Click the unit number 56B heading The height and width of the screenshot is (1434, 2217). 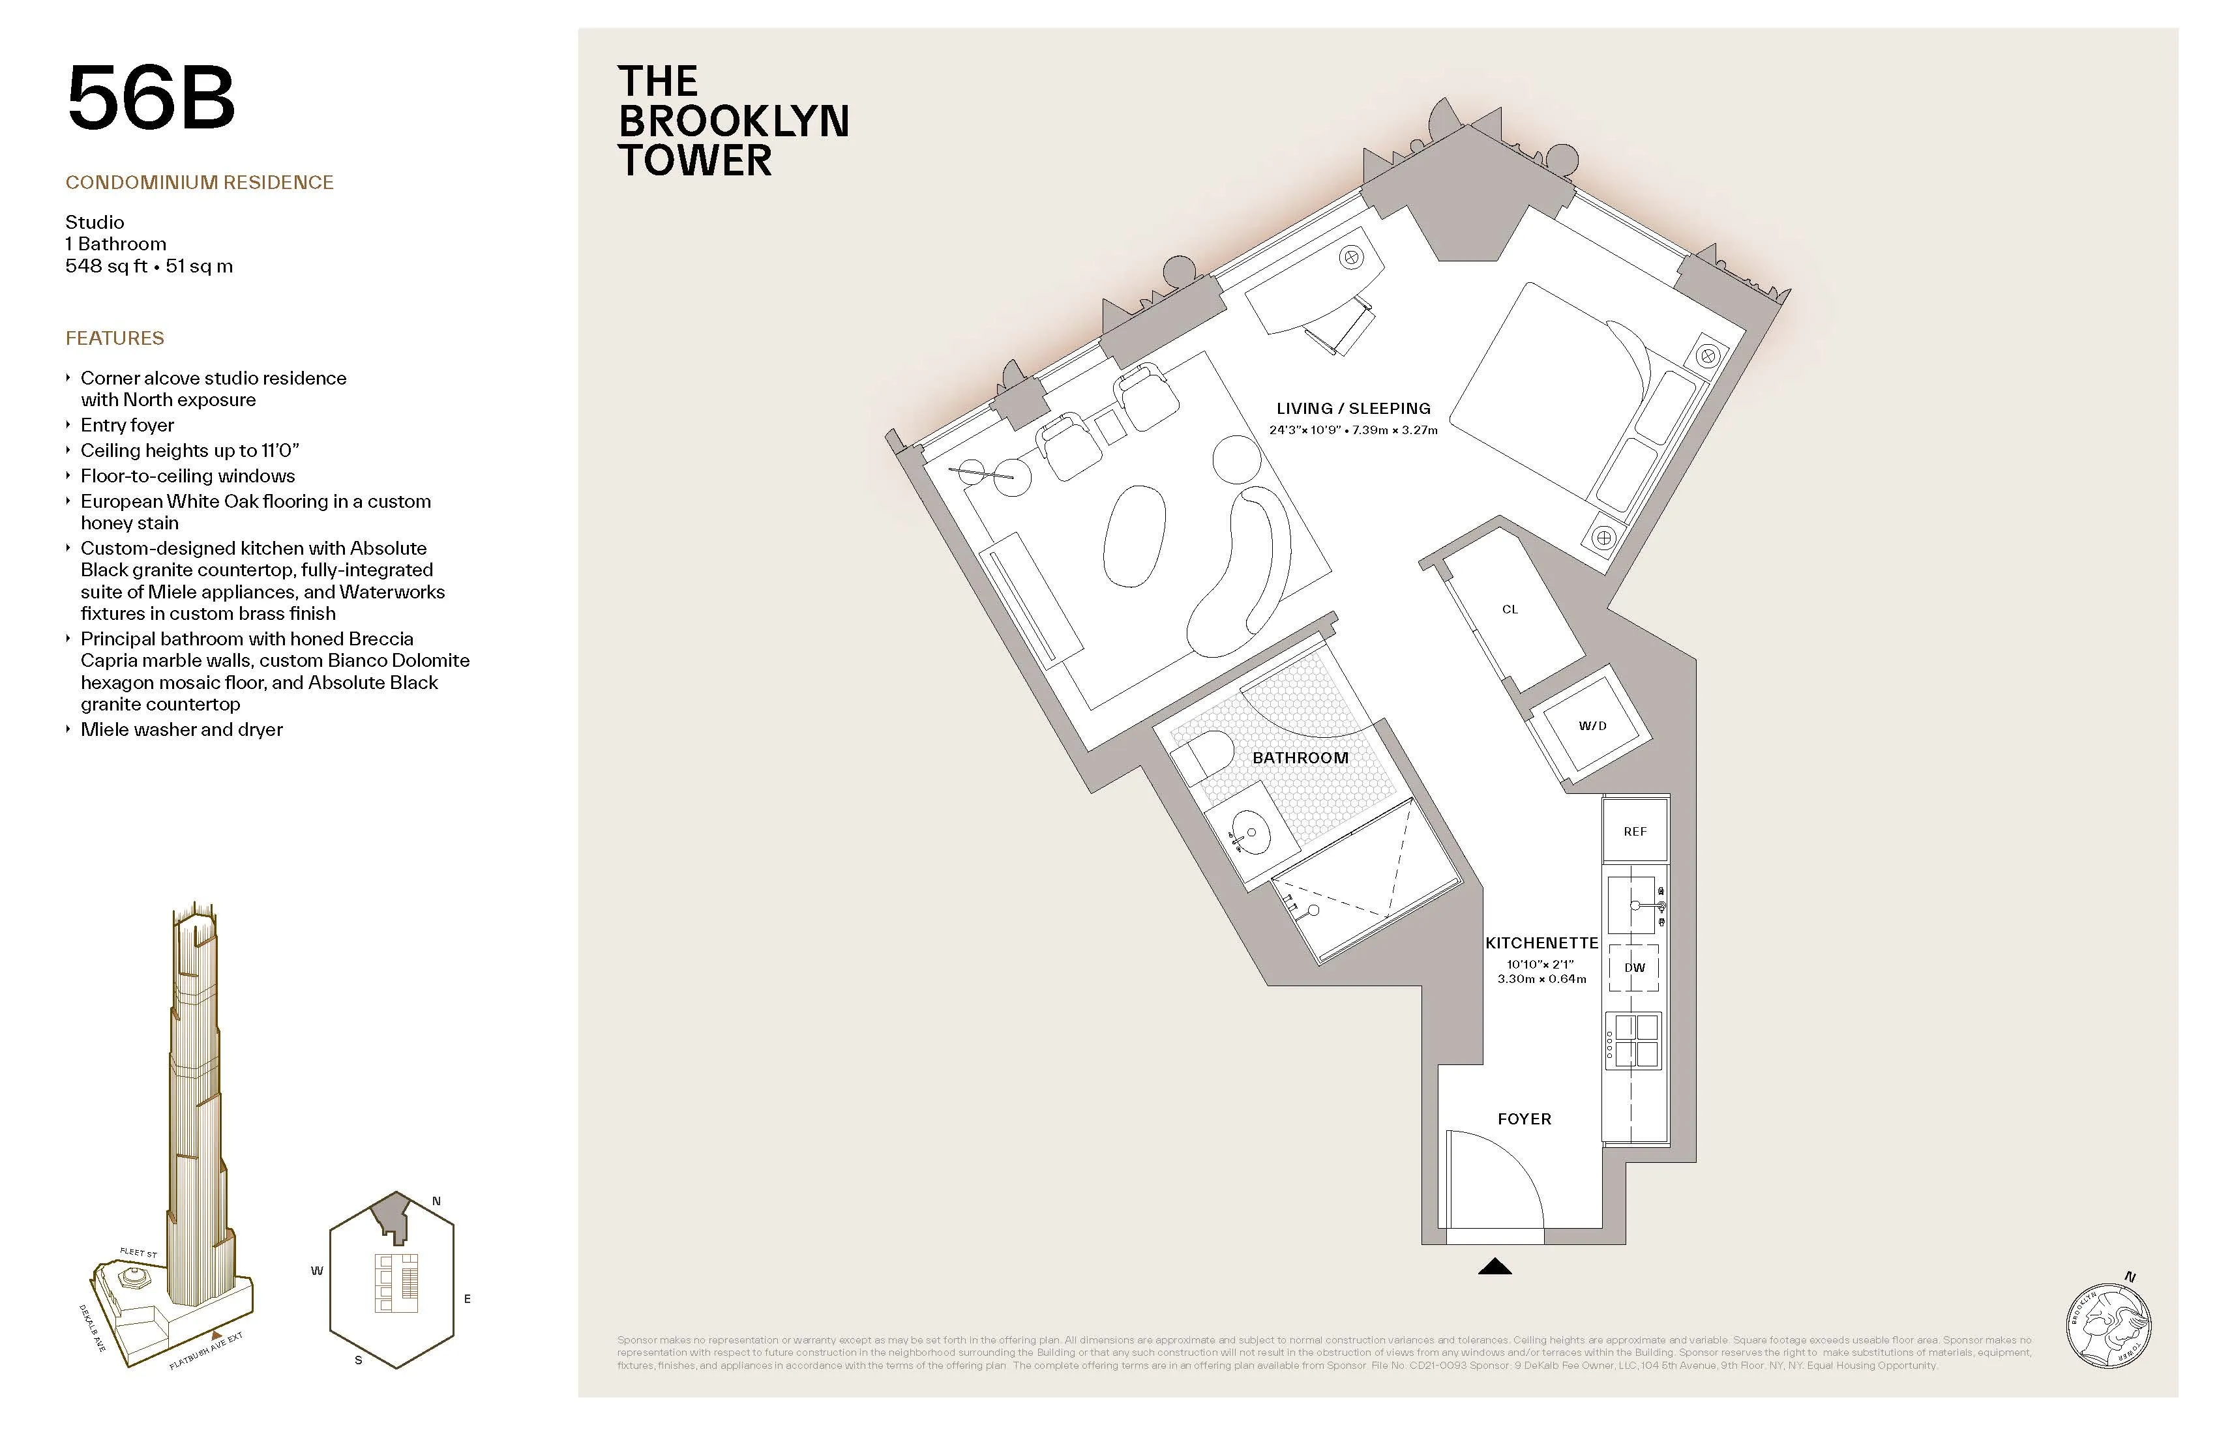click(x=151, y=98)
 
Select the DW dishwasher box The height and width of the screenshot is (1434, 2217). click(x=1634, y=967)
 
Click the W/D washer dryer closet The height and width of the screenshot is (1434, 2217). click(x=1592, y=725)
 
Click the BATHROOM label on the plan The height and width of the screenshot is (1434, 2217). click(x=1300, y=758)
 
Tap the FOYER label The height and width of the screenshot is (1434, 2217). click(x=1524, y=1119)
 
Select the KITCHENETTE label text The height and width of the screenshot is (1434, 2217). click(x=1541, y=943)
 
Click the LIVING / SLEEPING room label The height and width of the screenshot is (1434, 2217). click(x=1352, y=409)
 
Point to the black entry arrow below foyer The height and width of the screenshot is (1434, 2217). click(x=1494, y=1266)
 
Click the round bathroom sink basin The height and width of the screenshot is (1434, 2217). click(x=1249, y=832)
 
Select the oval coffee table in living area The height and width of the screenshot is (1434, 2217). click(x=1134, y=536)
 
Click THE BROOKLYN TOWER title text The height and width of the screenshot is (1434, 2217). click(x=733, y=121)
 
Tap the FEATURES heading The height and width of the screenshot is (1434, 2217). click(x=115, y=338)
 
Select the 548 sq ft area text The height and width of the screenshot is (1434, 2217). click(x=106, y=267)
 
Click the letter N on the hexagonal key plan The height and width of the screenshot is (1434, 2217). click(x=436, y=1201)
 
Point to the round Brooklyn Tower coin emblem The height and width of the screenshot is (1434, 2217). click(x=2108, y=1323)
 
